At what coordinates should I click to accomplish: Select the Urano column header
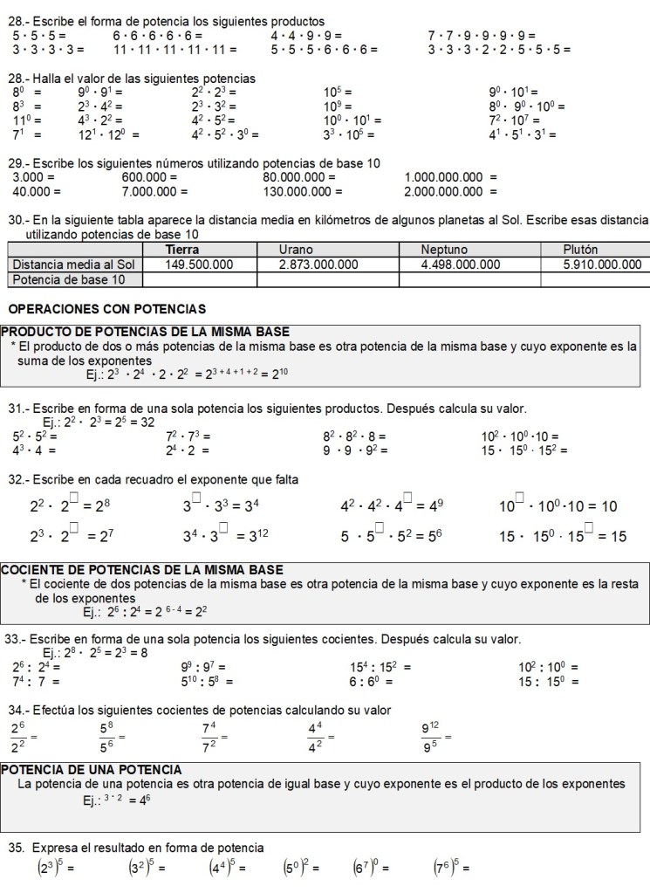coord(296,250)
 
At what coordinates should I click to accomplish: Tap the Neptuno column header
coord(444,250)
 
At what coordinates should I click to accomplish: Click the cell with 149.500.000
coord(199,264)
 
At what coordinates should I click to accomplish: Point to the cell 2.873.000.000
coord(318,264)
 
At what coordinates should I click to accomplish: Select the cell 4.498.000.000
coord(461,264)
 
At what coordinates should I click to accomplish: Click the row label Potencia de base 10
coord(67,279)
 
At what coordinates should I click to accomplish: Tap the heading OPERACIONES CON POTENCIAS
coord(106,309)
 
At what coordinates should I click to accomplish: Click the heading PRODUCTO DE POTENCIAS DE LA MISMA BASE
coord(145,332)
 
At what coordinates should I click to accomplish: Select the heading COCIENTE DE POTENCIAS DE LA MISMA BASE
coord(141,570)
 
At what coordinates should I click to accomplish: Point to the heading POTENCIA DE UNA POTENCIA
coord(92,770)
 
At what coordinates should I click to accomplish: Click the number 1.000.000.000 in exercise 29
coord(444,177)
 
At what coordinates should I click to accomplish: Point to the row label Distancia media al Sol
coord(72,264)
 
